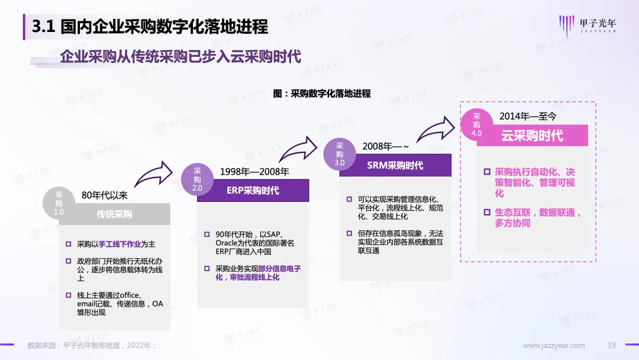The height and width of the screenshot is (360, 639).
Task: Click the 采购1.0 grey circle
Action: pos(59,203)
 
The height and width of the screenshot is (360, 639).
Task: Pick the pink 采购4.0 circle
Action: pos(477,124)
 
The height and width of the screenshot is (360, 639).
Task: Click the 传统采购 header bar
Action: pos(114,214)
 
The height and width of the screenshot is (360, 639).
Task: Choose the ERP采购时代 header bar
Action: pos(253,191)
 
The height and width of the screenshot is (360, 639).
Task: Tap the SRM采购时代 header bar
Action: pos(395,165)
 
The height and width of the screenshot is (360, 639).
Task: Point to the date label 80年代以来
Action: pos(104,195)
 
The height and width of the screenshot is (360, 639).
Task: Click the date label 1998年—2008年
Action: pos(254,172)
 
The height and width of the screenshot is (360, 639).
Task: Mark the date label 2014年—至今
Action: pos(528,116)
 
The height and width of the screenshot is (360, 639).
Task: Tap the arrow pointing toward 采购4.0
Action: pos(438,126)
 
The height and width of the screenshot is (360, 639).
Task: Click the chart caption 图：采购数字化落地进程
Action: pos(322,94)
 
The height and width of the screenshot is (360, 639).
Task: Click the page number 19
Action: pos(612,345)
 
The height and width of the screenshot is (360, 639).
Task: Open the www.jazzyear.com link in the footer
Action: pos(554,345)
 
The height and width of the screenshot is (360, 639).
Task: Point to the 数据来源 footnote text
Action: pos(92,345)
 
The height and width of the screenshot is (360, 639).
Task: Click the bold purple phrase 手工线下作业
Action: pos(118,244)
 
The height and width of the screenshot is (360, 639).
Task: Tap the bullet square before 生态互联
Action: pos(487,212)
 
